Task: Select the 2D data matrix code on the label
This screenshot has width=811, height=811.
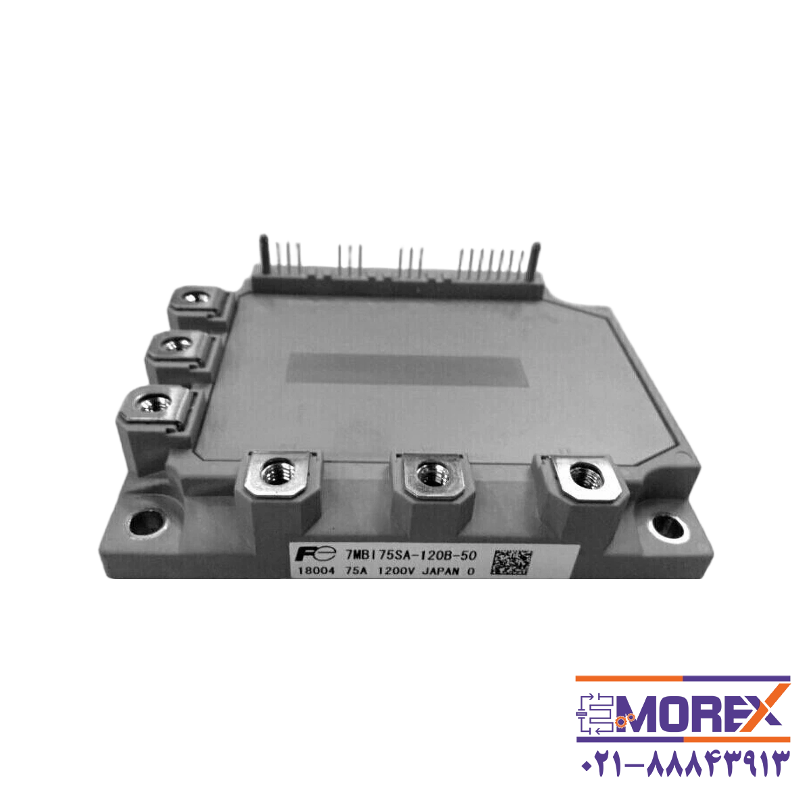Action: (508, 562)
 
